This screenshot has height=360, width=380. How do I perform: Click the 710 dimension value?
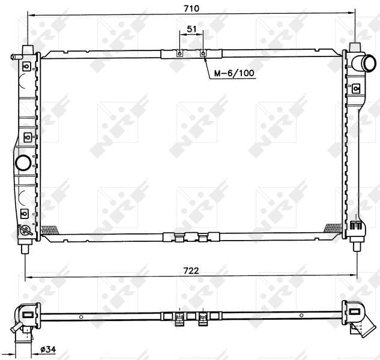click(x=192, y=8)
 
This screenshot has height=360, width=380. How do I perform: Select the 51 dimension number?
click(x=192, y=29)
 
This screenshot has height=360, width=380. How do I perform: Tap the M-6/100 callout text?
click(x=234, y=73)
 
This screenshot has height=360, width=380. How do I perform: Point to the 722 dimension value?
click(x=191, y=271)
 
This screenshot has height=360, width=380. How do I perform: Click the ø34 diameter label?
click(x=48, y=349)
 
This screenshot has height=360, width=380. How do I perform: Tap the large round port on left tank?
click(x=23, y=163)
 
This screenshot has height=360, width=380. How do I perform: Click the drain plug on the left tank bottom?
click(x=25, y=229)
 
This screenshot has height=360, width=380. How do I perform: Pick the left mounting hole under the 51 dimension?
click(x=179, y=53)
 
